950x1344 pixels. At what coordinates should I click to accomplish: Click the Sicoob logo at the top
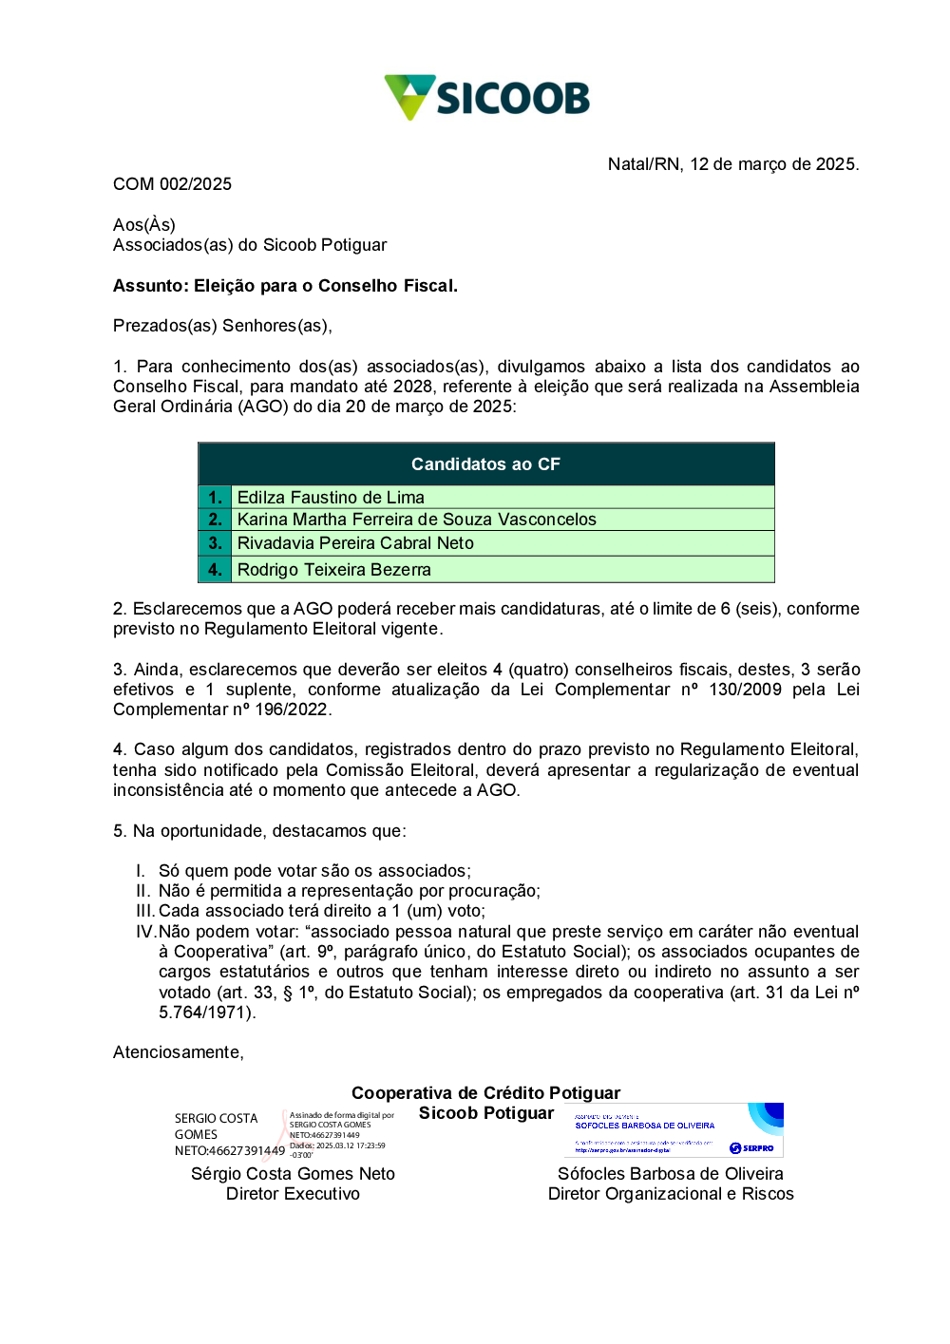(486, 98)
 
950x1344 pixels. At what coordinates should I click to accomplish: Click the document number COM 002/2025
(172, 184)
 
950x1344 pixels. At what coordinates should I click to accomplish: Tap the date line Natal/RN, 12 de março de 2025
(732, 164)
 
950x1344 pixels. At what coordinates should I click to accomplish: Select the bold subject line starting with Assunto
(285, 286)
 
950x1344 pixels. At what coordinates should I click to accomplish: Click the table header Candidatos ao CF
(485, 464)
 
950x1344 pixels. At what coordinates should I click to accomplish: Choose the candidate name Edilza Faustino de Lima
(331, 498)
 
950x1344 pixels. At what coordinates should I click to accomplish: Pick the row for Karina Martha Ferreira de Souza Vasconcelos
(416, 520)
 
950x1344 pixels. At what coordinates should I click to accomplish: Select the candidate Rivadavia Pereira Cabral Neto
(355, 543)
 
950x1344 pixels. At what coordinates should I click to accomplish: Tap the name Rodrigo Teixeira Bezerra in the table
(333, 570)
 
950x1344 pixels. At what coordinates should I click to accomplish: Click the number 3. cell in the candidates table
(215, 543)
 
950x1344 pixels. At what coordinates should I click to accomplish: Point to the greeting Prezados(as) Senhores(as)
(222, 326)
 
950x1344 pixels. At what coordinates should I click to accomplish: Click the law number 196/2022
(293, 710)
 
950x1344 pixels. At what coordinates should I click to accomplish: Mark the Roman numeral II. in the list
(142, 891)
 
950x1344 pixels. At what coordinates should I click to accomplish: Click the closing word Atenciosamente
(178, 1052)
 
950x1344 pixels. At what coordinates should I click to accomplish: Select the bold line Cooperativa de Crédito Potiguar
(485, 1093)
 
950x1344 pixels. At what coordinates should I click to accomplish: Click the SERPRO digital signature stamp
(677, 1130)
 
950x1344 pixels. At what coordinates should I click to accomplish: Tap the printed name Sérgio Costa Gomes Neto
(293, 1174)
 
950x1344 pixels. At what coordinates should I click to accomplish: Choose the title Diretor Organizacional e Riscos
(671, 1194)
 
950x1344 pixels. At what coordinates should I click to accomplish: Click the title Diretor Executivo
(293, 1194)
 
